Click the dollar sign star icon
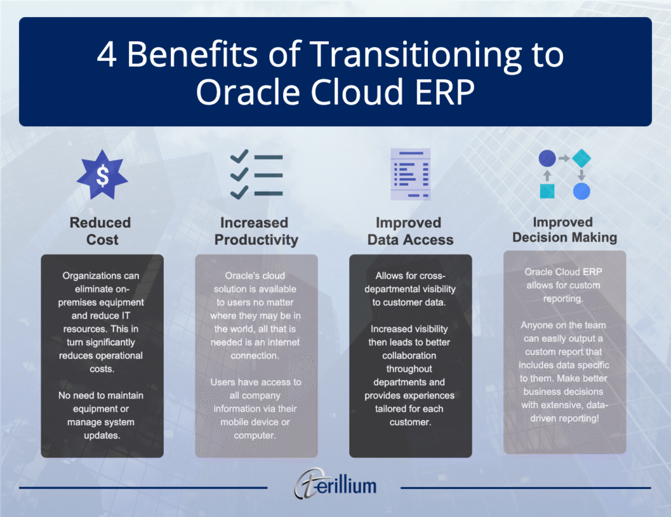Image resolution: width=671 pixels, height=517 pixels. tap(102, 174)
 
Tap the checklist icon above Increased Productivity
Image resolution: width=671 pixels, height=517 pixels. tap(256, 174)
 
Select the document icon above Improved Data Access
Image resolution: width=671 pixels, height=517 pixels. tap(410, 174)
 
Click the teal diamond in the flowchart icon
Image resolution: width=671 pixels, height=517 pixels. tap(581, 158)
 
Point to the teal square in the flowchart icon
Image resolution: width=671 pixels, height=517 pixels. tap(548, 191)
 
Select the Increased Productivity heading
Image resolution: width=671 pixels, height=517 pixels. tap(256, 231)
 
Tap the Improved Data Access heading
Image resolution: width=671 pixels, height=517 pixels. tap(410, 231)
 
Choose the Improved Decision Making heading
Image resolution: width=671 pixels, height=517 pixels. tap(564, 229)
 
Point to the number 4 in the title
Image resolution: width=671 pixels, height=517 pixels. tap(106, 55)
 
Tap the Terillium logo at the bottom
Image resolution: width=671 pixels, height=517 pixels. tap(335, 485)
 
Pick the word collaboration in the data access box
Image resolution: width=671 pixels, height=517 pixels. tap(410, 355)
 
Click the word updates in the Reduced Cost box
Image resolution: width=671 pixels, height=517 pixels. tap(102, 435)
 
